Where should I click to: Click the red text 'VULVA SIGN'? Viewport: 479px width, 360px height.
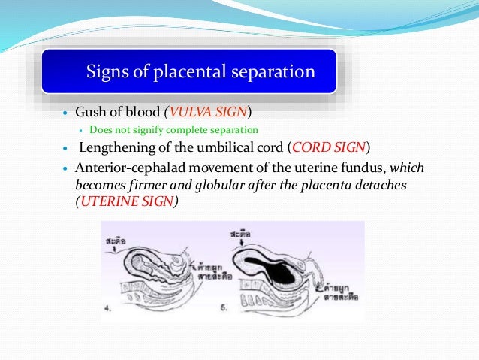(x=209, y=113)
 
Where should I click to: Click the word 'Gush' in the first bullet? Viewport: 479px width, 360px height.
(x=89, y=113)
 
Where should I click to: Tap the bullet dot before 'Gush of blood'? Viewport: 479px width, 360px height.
(x=65, y=114)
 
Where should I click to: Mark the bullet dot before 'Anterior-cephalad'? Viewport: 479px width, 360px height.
(x=65, y=168)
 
